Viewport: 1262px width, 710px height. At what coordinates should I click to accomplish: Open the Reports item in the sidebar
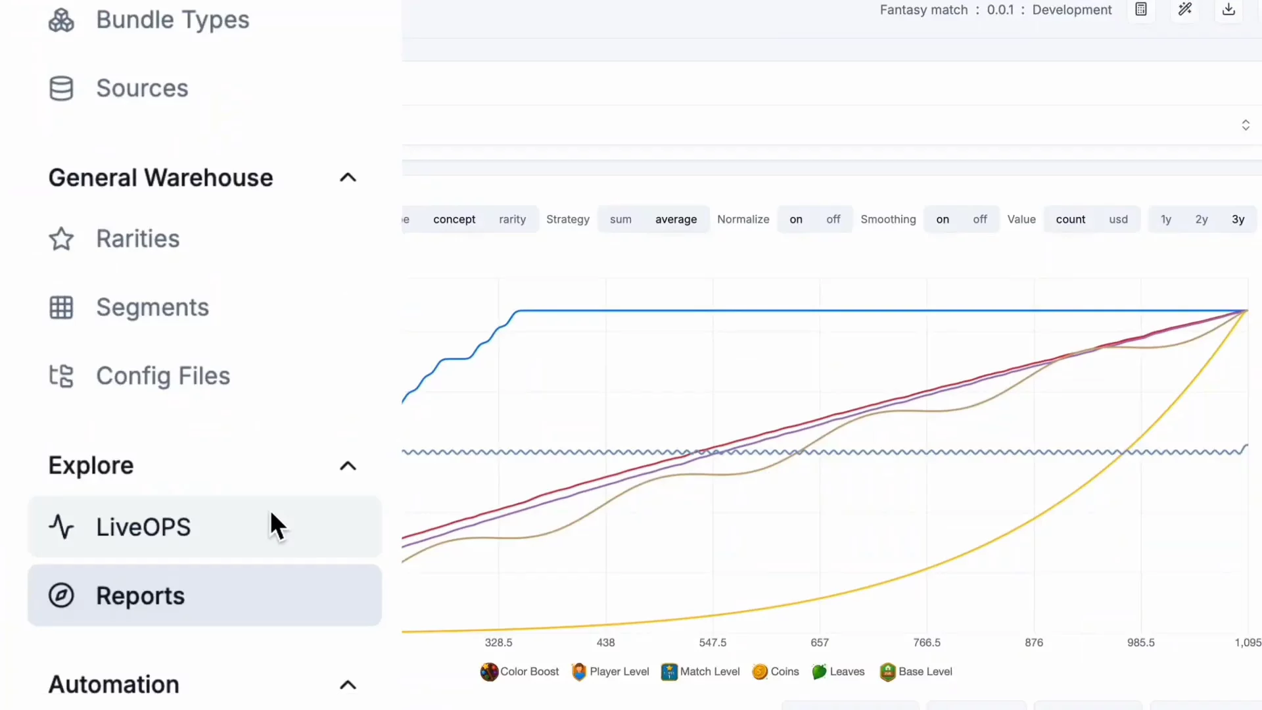[204, 596]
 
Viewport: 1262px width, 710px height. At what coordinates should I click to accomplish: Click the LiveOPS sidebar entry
[204, 527]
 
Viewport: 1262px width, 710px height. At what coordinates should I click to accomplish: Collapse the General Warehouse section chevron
[348, 177]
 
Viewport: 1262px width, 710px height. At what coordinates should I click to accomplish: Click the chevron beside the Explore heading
[348, 466]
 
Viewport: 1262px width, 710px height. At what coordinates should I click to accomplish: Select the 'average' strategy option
[676, 220]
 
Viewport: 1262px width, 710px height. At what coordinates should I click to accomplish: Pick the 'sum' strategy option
[620, 220]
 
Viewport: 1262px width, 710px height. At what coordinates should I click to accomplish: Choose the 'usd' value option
[1118, 220]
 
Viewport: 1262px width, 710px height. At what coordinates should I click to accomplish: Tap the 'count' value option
[1071, 220]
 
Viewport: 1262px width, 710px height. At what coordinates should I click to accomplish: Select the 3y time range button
[1238, 220]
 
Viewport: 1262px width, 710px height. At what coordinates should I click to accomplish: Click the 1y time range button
[1166, 220]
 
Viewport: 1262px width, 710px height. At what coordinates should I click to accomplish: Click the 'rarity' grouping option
[512, 220]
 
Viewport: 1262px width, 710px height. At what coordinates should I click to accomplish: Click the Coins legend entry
[776, 671]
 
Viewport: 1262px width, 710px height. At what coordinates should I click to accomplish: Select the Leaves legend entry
[838, 671]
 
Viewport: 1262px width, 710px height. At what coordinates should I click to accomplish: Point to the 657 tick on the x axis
[820, 642]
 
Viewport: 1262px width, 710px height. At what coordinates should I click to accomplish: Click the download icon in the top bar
[1228, 10]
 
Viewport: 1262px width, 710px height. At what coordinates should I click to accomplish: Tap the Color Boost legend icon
[489, 672]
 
